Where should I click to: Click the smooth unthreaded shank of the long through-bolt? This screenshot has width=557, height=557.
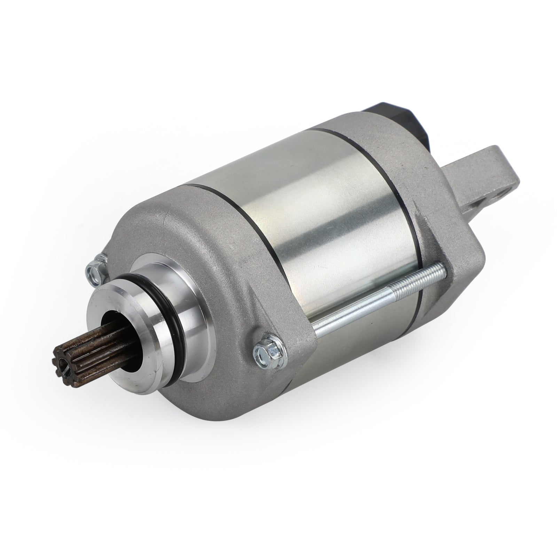[x=348, y=320]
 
